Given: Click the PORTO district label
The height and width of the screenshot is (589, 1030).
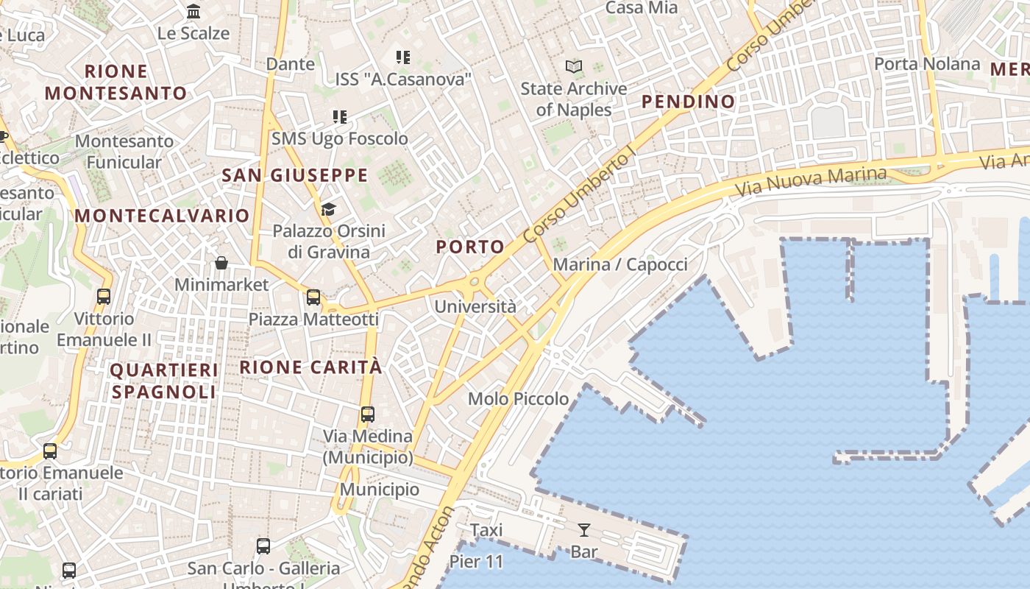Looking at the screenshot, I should (470, 247).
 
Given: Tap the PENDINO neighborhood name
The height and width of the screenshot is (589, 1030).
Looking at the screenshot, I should (689, 102).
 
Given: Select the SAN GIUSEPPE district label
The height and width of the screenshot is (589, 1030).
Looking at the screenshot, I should (294, 175).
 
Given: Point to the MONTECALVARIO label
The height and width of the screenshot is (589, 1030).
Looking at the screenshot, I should (162, 216).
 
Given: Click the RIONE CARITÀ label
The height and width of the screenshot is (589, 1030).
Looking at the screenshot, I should (311, 367).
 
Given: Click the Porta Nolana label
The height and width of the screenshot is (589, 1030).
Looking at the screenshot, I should (927, 64).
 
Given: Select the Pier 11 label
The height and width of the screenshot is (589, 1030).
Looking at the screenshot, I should (476, 562).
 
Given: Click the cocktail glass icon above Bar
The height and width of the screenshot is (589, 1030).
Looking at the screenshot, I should (583, 529).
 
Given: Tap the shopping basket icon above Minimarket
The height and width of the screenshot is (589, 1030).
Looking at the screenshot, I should (221, 263).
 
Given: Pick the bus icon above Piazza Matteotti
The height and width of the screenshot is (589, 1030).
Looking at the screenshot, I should (313, 297).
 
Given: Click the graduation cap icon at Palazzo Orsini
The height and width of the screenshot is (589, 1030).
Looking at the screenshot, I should (328, 210).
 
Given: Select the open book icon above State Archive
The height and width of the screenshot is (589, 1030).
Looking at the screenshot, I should (574, 67).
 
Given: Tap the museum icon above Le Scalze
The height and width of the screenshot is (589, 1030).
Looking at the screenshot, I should (193, 11).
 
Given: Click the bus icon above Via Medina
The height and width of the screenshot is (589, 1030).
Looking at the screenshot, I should (368, 415).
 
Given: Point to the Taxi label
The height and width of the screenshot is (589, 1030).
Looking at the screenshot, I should (486, 530).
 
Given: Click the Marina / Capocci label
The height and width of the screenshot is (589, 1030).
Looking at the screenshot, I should (620, 264).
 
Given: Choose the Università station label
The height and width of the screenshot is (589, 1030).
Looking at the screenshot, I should (475, 306).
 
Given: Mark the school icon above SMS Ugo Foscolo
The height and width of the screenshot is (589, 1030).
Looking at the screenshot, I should (339, 116).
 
